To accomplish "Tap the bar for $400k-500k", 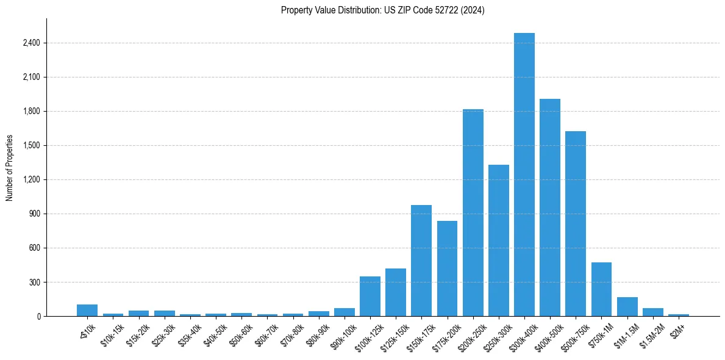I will click(x=549, y=207).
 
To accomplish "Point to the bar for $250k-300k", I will click(x=498, y=240).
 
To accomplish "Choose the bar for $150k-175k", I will click(x=421, y=261).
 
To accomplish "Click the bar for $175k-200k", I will click(x=447, y=268).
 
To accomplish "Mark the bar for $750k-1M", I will click(x=601, y=289).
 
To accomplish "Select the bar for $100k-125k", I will click(x=370, y=297).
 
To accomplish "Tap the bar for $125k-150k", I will click(x=396, y=292).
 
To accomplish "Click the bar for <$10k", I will click(x=87, y=310).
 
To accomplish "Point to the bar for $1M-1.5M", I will click(x=627, y=306).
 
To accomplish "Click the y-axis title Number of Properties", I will click(x=9, y=167).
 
